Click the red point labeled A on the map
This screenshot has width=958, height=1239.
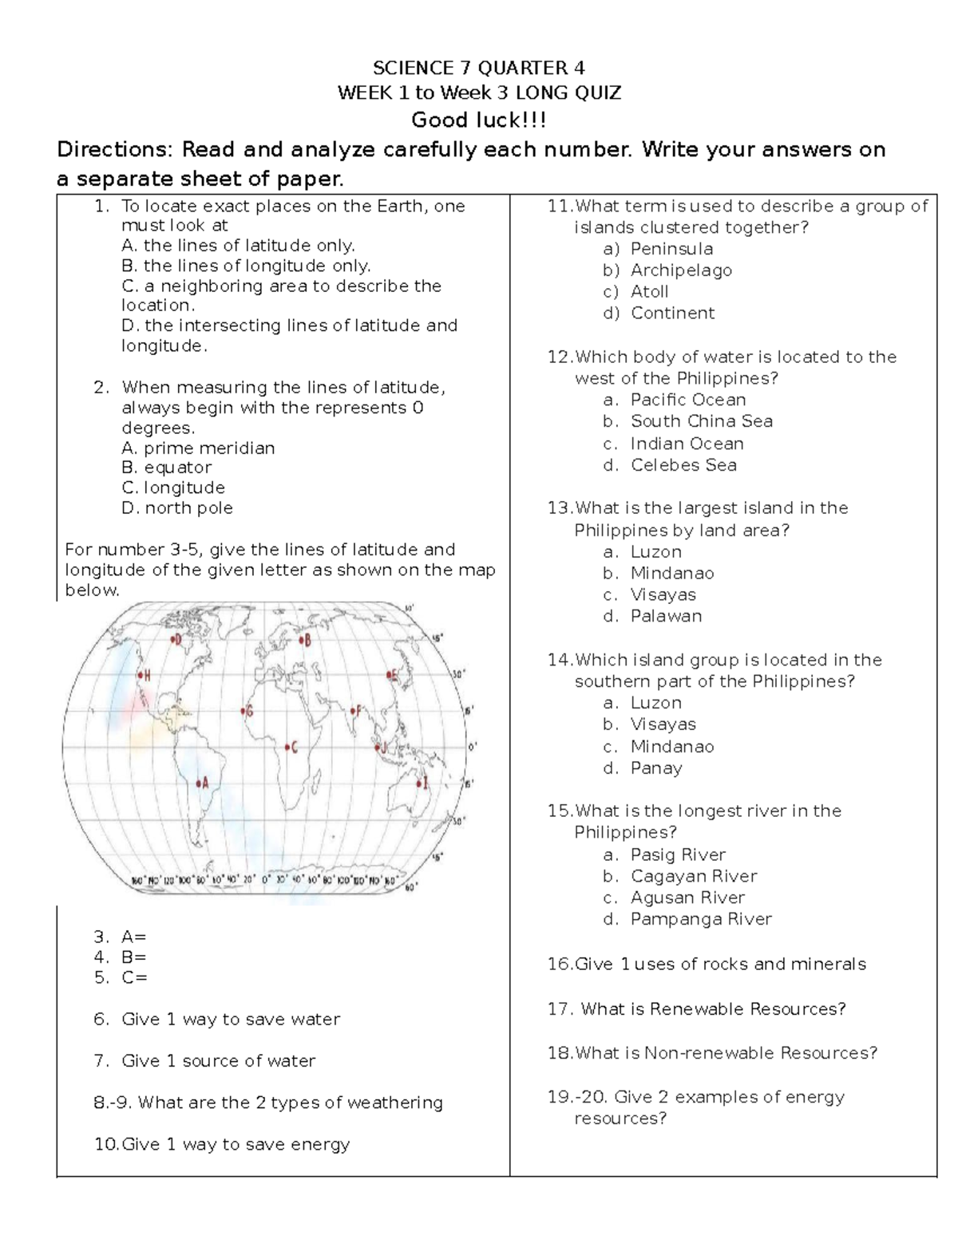click(198, 783)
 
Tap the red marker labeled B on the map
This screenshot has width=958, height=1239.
click(300, 640)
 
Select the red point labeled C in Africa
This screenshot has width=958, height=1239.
click(287, 748)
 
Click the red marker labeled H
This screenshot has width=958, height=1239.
click(140, 676)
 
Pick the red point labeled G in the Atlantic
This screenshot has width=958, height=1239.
click(243, 710)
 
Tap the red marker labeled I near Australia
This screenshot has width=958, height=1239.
click(418, 783)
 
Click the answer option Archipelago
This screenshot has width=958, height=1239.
click(681, 270)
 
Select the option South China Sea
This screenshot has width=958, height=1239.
click(701, 421)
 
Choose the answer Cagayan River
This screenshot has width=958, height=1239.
click(693, 876)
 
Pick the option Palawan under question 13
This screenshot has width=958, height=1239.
click(666, 616)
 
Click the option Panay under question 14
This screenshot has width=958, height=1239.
click(656, 768)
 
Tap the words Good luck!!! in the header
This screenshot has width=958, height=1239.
click(479, 120)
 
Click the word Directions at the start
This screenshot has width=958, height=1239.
click(113, 150)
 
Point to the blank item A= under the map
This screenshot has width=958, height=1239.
click(133, 937)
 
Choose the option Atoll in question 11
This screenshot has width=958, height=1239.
click(649, 292)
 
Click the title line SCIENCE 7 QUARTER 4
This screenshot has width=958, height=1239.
click(479, 68)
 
